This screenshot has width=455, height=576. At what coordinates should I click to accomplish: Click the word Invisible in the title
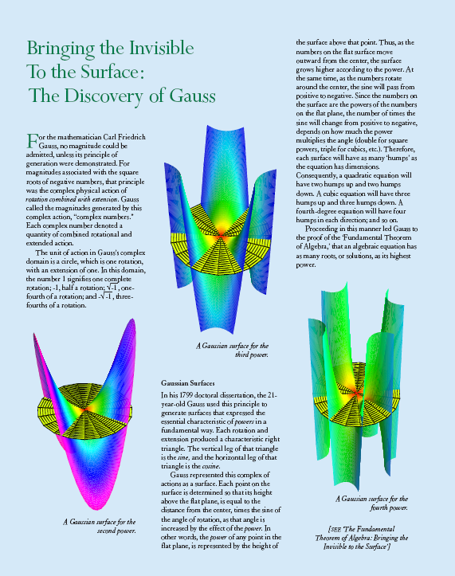click(161, 48)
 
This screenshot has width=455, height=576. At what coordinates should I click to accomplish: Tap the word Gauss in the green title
click(192, 96)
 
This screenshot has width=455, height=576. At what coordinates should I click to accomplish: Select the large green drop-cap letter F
click(32, 140)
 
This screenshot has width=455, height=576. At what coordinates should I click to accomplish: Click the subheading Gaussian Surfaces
click(188, 383)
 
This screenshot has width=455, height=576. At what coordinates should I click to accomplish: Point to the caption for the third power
click(232, 350)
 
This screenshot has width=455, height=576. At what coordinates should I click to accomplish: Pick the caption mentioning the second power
click(100, 526)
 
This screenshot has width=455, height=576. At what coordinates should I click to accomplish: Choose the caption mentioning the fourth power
click(371, 503)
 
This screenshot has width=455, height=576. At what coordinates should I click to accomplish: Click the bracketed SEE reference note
click(362, 538)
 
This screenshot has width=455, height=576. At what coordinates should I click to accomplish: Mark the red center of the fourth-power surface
click(356, 394)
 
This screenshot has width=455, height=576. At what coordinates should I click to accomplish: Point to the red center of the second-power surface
click(85, 409)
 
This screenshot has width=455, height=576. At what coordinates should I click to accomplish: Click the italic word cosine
click(210, 466)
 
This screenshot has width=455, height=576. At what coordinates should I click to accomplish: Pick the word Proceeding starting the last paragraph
click(322, 229)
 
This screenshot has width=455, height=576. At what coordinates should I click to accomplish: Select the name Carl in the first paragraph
click(109, 137)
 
